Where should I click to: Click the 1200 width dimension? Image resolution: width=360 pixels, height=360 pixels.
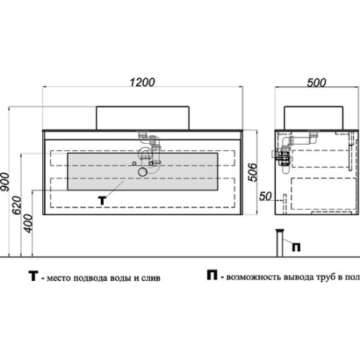click(x=142, y=82)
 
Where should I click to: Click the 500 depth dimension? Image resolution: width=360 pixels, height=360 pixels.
click(x=316, y=82)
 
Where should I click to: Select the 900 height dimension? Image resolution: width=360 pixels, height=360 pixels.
click(x=5, y=182)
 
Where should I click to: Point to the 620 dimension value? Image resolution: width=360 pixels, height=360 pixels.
click(x=17, y=206)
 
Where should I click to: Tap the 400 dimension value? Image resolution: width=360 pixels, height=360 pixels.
click(x=28, y=223)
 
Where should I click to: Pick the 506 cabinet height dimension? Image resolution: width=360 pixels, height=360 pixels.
click(x=253, y=172)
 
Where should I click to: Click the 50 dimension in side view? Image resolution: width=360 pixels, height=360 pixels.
click(x=266, y=197)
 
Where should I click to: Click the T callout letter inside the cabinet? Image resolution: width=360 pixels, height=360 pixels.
click(x=102, y=201)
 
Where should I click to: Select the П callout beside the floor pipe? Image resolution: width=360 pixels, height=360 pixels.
click(x=296, y=247)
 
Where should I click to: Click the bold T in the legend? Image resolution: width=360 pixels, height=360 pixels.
click(x=34, y=276)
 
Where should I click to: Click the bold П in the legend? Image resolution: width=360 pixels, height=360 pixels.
click(x=212, y=275)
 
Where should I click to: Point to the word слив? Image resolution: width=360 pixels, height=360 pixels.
click(x=151, y=278)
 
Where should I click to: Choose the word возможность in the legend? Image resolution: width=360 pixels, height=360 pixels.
click(x=254, y=278)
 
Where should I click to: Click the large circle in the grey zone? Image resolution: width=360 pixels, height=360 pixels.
click(x=142, y=172)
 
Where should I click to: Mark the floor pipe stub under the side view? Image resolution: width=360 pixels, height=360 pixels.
click(x=280, y=243)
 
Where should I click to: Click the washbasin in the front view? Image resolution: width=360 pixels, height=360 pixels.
click(x=142, y=118)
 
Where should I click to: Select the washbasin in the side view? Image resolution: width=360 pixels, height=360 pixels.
click(x=314, y=118)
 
